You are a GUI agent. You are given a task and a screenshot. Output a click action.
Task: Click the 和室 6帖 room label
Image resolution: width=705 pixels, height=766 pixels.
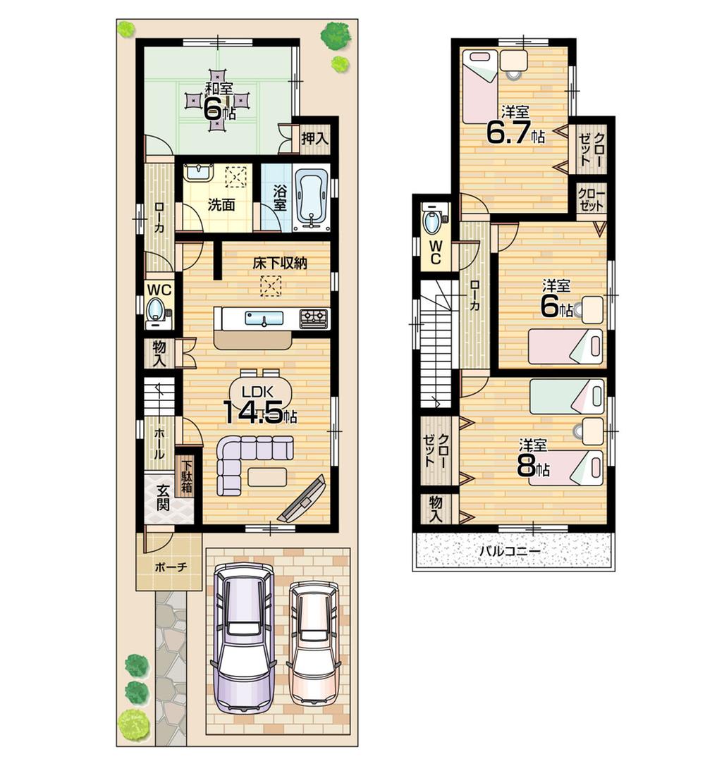[219, 102]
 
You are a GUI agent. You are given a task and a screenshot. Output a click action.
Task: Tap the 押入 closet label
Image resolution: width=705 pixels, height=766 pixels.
[314, 139]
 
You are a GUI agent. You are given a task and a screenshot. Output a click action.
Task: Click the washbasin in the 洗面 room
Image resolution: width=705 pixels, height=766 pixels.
[200, 173]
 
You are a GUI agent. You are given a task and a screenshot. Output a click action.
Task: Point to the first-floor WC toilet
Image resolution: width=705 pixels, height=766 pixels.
[156, 310]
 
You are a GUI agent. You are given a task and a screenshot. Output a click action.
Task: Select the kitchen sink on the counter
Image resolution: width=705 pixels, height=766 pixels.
[264, 319]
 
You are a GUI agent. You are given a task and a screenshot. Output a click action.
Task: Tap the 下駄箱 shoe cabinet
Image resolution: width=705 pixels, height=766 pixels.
[187, 477]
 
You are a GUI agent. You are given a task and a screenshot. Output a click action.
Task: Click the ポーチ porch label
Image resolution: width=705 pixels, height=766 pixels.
[169, 566]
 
